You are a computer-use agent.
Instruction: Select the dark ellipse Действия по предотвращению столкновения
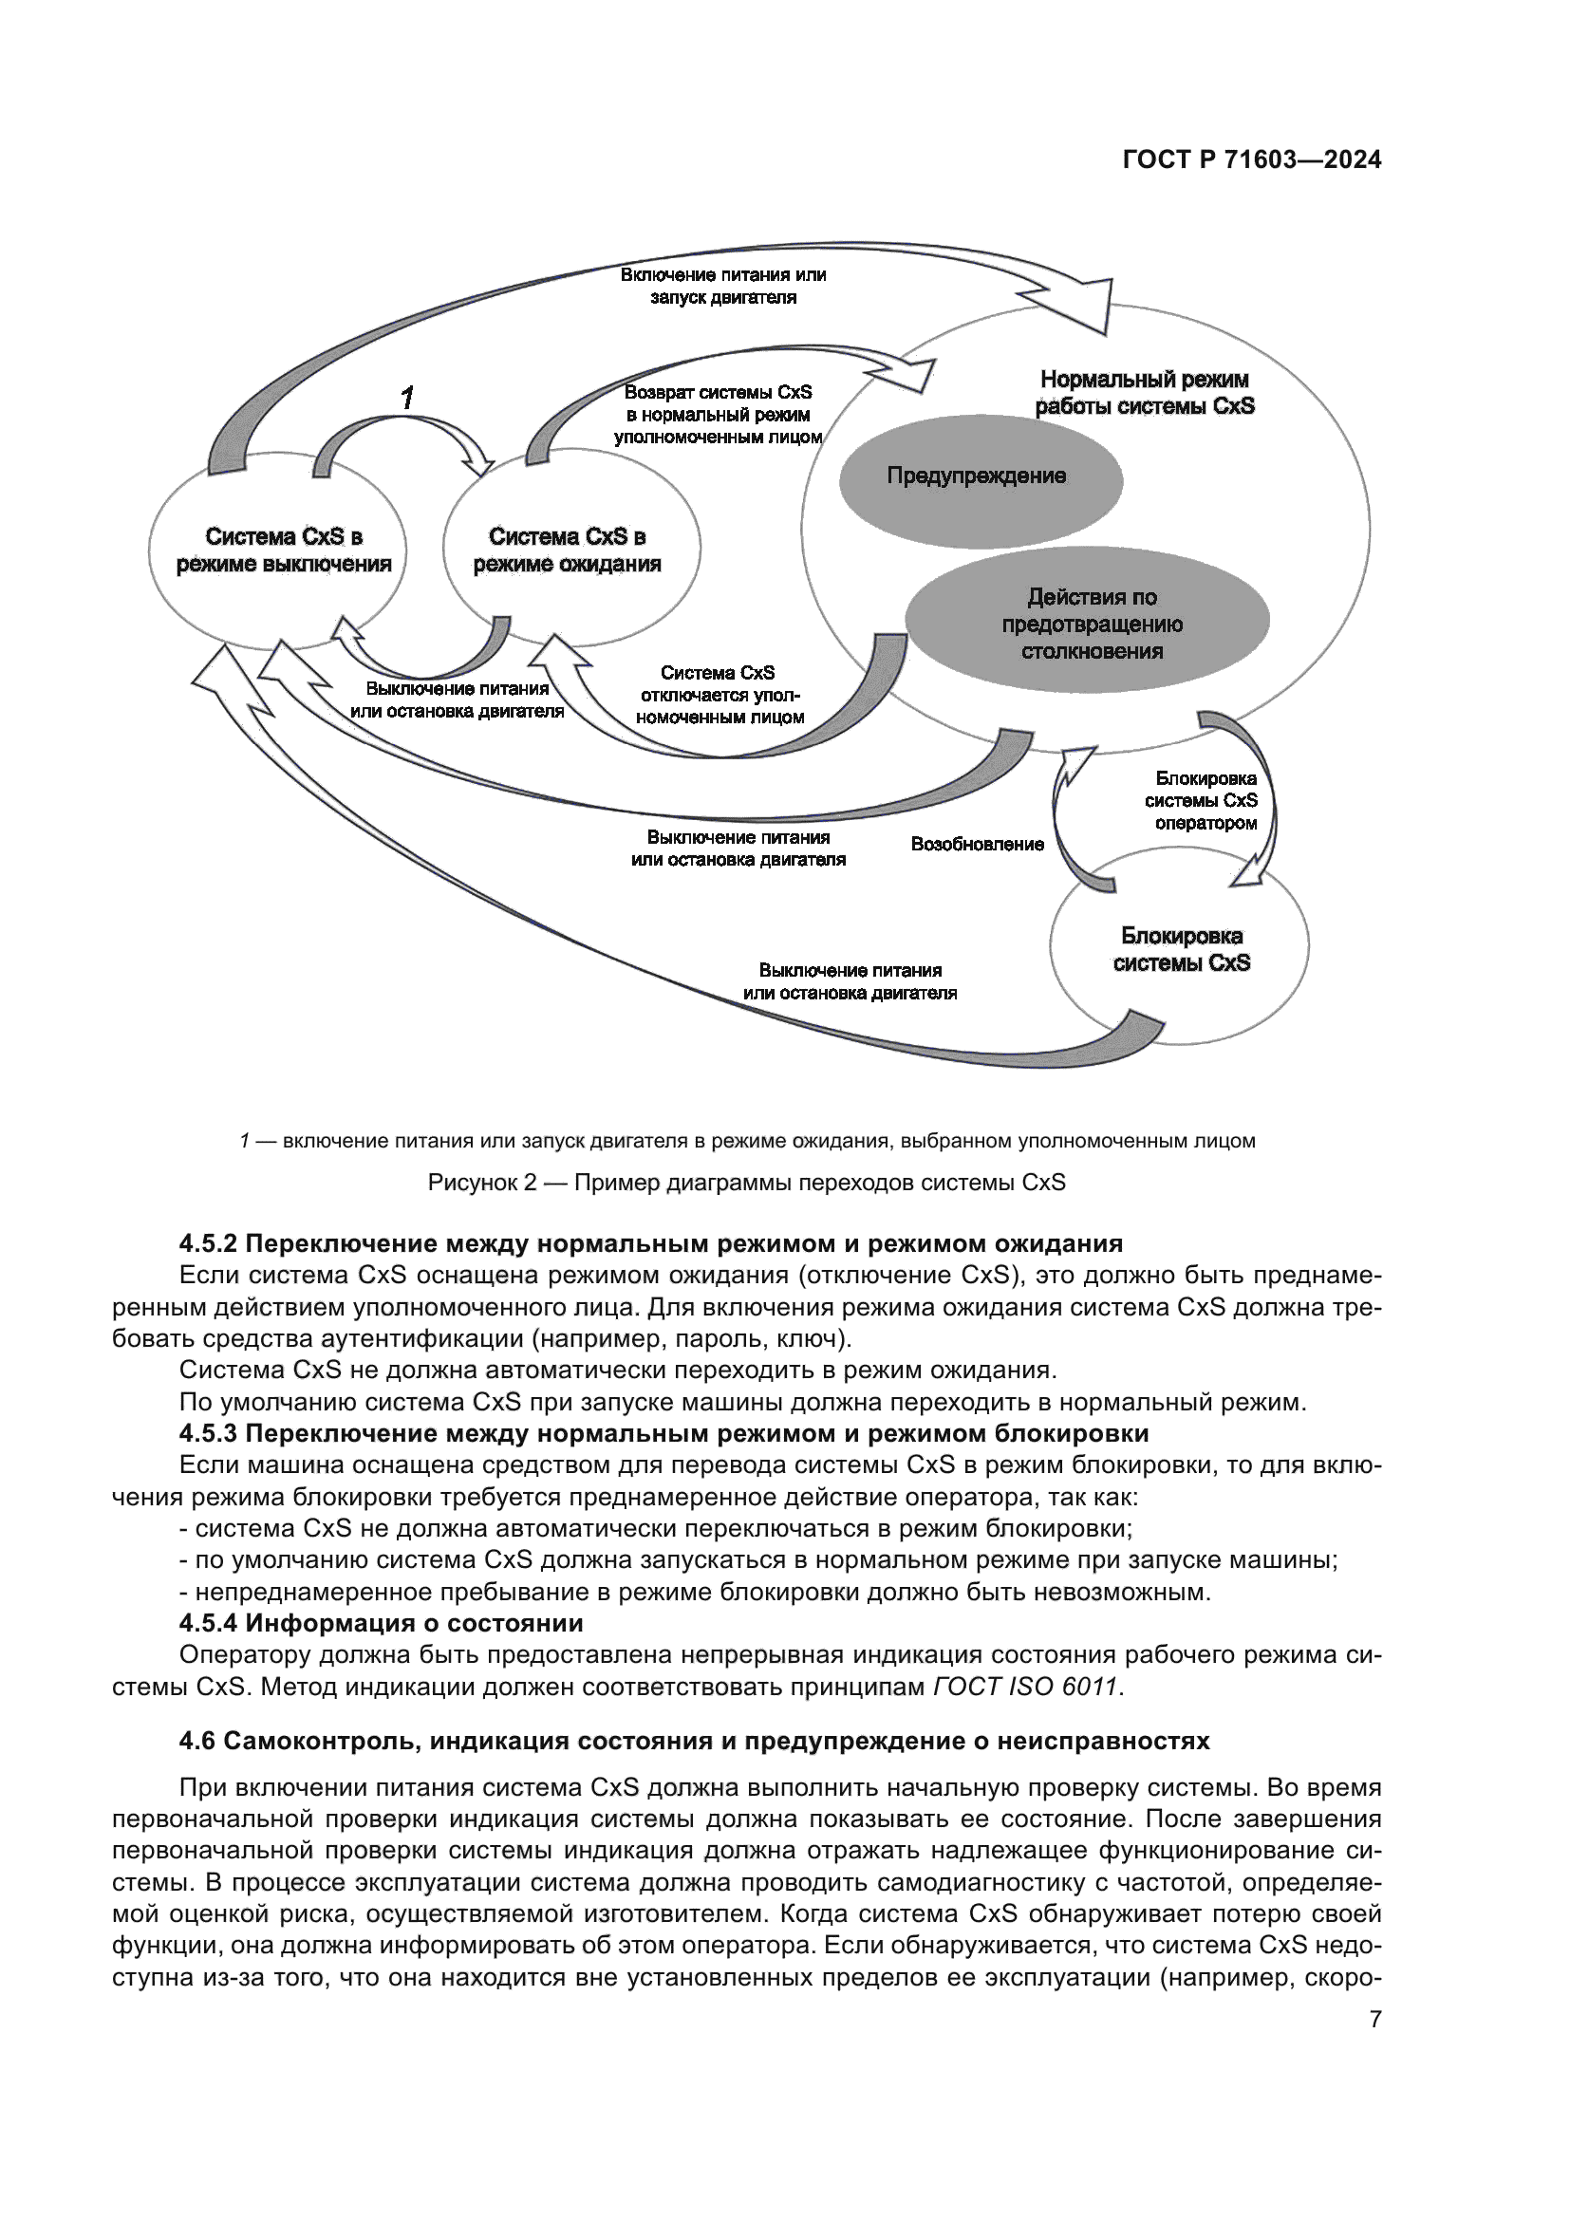(x=1091, y=624)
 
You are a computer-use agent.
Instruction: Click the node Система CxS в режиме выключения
(x=283, y=551)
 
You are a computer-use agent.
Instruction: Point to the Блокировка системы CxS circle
(x=1181, y=948)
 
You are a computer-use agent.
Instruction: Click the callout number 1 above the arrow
(x=408, y=397)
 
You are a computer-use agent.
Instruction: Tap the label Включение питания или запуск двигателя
(x=723, y=287)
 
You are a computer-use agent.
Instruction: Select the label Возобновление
(x=977, y=844)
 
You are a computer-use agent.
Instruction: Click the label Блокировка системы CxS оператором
(x=1205, y=801)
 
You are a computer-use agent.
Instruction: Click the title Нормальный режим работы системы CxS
(x=1145, y=393)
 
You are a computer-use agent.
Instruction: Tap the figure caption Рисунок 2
(x=745, y=1183)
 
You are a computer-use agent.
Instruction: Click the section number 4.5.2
(x=208, y=1243)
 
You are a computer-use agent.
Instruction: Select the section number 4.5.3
(x=208, y=1433)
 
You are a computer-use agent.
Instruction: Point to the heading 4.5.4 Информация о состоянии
(x=381, y=1622)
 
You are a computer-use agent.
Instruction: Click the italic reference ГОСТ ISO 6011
(x=1025, y=1688)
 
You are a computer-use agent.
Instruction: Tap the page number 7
(x=1374, y=2019)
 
